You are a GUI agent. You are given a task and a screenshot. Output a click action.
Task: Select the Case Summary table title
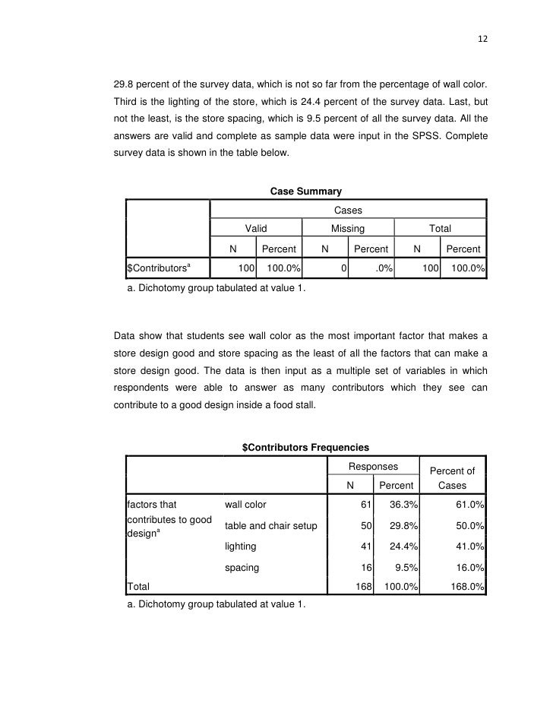coord(306,191)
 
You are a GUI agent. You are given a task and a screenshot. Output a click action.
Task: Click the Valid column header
coord(255,228)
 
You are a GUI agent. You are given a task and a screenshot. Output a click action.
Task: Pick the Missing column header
coord(347,228)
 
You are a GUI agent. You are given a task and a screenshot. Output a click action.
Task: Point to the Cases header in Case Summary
coord(347,209)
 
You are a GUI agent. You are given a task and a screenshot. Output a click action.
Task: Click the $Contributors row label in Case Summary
coord(158,268)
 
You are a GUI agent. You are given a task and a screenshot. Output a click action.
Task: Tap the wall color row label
coord(245,505)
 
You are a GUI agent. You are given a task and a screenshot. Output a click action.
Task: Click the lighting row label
coord(241,547)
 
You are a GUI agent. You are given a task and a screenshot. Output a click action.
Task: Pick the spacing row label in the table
coord(242,567)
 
